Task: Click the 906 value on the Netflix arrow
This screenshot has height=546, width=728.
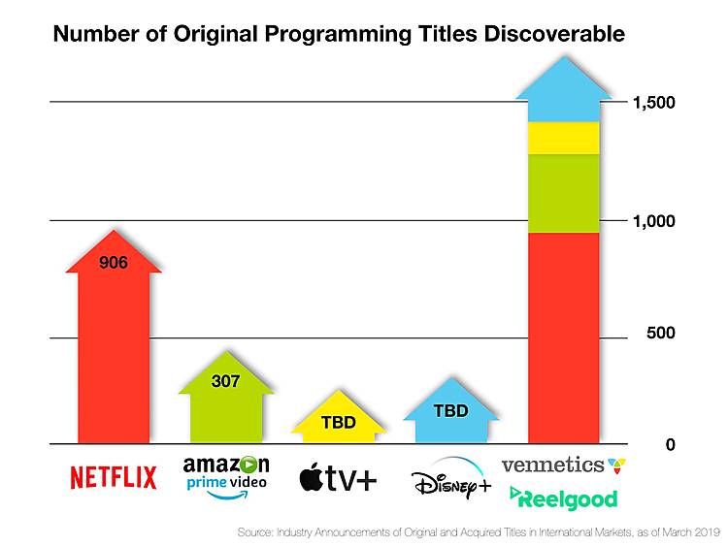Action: coord(113,262)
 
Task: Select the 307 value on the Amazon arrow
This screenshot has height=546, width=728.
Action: coord(225,381)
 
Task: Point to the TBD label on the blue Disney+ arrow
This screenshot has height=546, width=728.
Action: coord(450,410)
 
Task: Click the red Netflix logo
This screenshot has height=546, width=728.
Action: coord(113,478)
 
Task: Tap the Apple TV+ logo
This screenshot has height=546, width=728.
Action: coord(338,478)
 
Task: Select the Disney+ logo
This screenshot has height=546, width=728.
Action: coord(450,481)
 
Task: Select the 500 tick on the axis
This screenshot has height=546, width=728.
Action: coord(662,334)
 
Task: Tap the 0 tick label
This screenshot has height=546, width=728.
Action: coord(671,445)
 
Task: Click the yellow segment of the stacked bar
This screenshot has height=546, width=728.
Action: coord(563,138)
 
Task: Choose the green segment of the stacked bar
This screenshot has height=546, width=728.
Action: coord(563,193)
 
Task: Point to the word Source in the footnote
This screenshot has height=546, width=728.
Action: coord(254,532)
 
